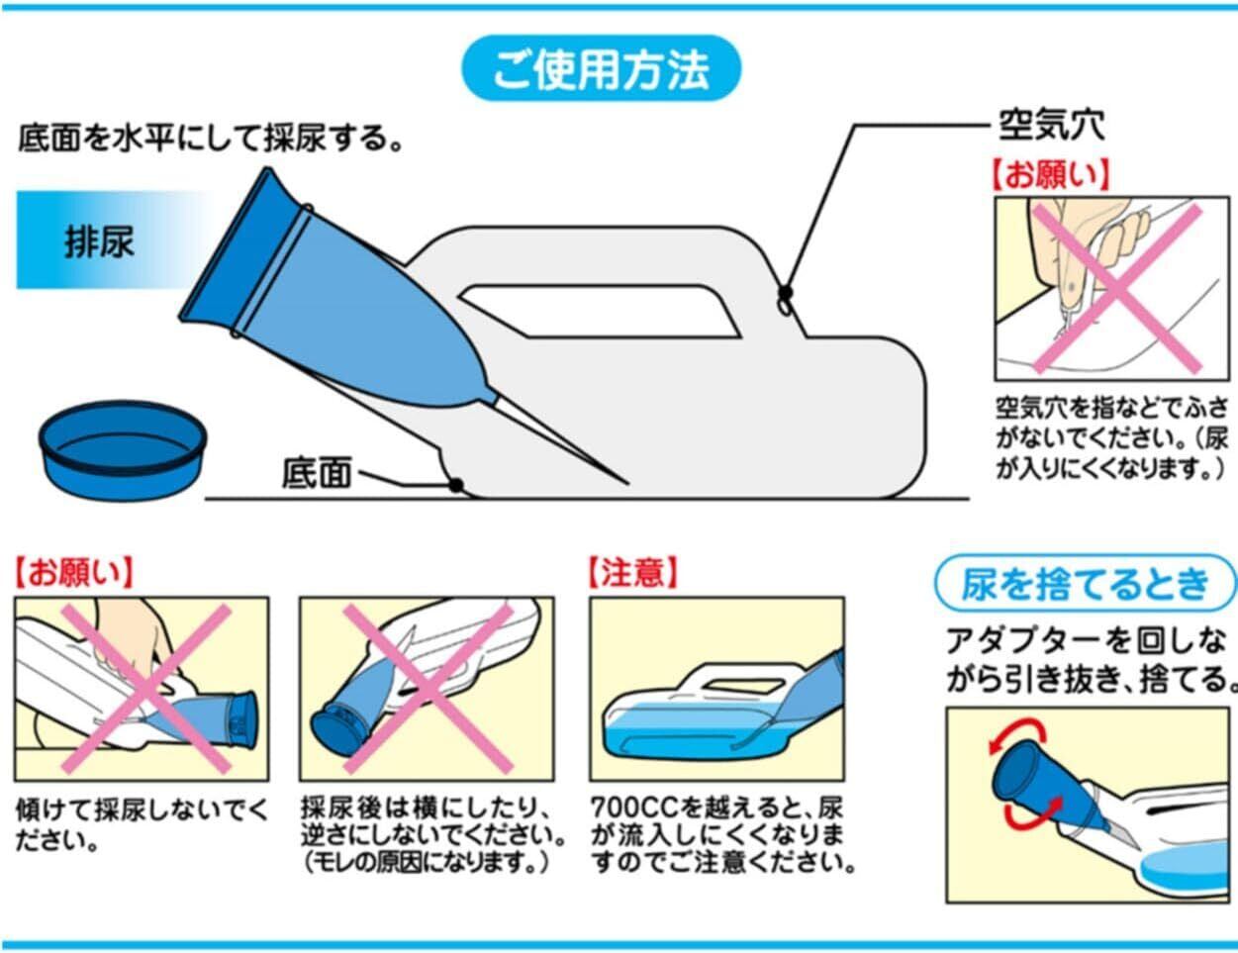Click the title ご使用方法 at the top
[601, 69]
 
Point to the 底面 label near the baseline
[317, 472]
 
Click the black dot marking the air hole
[785, 293]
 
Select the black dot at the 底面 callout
[456, 485]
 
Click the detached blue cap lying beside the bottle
[123, 449]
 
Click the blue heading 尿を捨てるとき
[1086, 585]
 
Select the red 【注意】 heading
[633, 572]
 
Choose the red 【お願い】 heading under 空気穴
[1051, 174]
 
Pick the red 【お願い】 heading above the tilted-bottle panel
[74, 572]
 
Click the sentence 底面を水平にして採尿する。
[211, 139]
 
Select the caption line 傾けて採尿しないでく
[142, 810]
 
